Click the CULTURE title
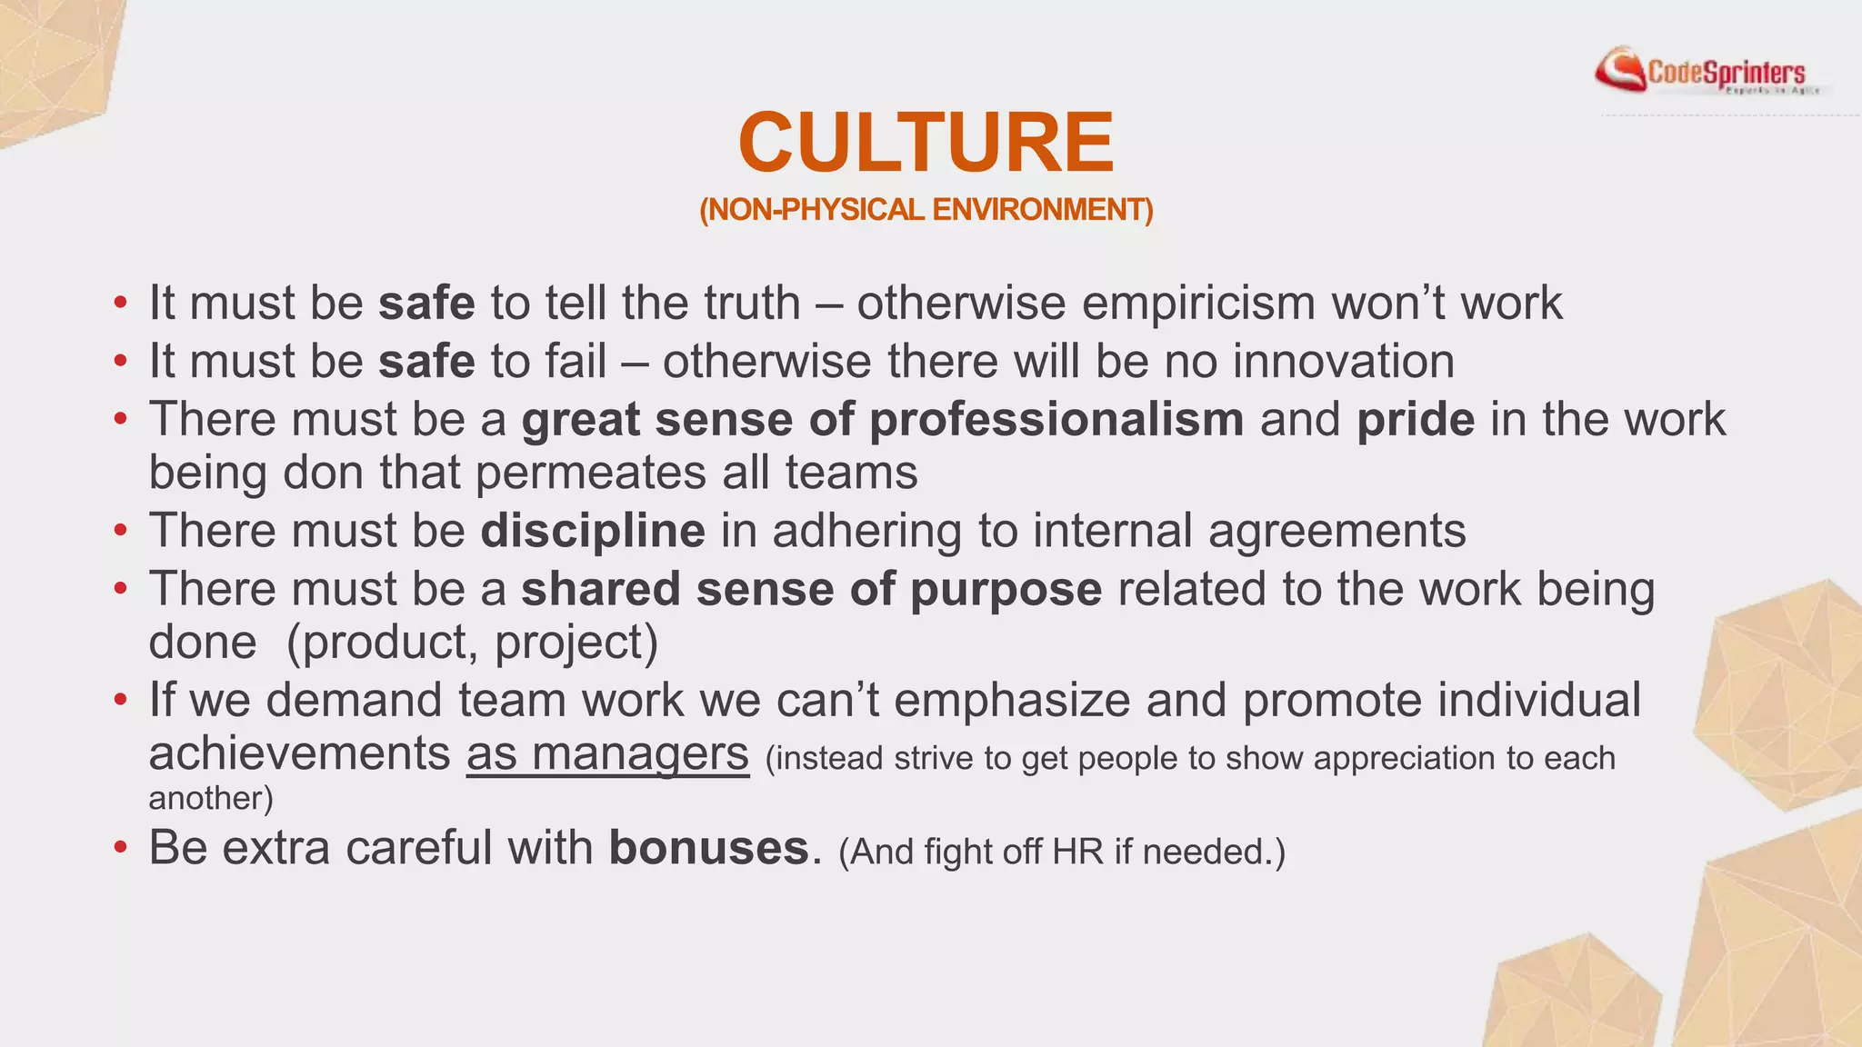(x=926, y=143)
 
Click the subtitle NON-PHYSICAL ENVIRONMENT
(x=926, y=210)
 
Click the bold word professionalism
(x=1056, y=420)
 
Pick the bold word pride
(x=1415, y=420)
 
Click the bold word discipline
(x=592, y=531)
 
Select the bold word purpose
(x=1006, y=589)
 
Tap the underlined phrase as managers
(x=607, y=753)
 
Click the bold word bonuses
(x=708, y=848)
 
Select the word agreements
(x=1336, y=531)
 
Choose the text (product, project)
(x=472, y=643)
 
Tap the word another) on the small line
(x=211, y=798)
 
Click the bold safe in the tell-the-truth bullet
(x=426, y=303)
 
